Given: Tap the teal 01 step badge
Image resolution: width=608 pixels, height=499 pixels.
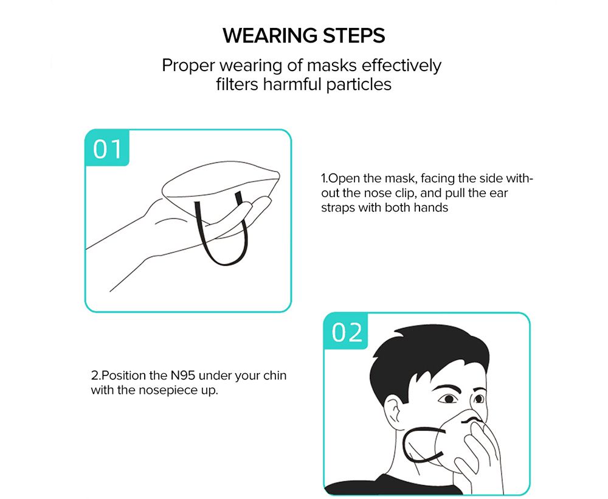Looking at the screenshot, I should [108, 148].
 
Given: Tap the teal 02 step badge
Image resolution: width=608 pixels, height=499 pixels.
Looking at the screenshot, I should [347, 332].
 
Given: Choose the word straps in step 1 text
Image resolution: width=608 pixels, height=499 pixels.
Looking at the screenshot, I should [336, 208].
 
